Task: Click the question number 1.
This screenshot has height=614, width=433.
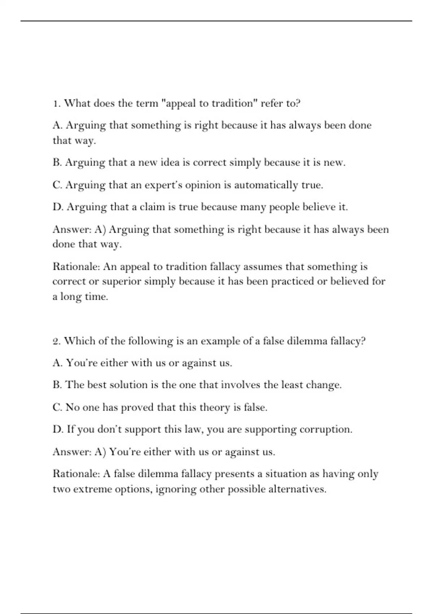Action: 56,104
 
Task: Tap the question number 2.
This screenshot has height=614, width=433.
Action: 56,341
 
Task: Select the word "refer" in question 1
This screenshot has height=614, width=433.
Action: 272,104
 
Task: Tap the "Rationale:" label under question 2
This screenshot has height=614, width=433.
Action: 76,474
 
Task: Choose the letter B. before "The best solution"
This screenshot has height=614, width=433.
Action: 57,385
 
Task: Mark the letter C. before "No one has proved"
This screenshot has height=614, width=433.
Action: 57,407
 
